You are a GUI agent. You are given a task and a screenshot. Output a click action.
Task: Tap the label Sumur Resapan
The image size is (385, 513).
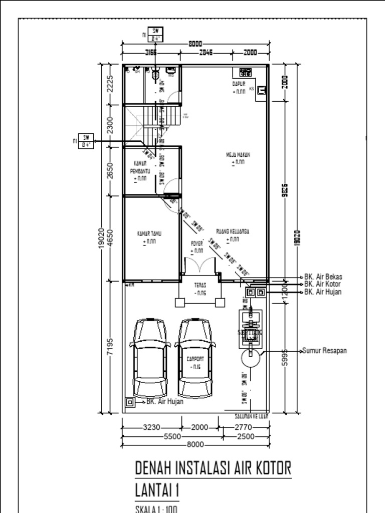(324, 351)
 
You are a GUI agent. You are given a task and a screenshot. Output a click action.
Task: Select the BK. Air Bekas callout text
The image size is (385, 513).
(323, 277)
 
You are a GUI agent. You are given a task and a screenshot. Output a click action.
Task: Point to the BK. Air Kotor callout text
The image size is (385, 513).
(323, 284)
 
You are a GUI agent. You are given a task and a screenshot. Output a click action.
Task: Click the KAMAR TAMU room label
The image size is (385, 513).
(149, 234)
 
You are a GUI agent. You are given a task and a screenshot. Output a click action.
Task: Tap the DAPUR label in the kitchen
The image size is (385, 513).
(239, 84)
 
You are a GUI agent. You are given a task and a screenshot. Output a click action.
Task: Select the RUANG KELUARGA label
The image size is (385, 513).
(233, 231)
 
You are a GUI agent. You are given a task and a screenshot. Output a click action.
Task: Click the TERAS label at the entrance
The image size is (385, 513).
(201, 285)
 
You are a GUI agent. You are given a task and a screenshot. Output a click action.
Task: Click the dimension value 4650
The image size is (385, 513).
(110, 238)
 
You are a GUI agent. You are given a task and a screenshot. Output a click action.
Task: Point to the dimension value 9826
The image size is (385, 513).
(286, 190)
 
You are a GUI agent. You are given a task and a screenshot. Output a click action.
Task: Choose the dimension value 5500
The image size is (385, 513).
(172, 436)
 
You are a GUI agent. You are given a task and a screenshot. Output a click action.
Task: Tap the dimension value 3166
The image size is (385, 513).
(151, 52)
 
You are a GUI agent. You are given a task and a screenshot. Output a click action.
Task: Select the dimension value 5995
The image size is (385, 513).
(285, 356)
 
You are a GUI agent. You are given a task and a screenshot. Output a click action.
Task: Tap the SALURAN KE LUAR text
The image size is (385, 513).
(252, 416)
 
